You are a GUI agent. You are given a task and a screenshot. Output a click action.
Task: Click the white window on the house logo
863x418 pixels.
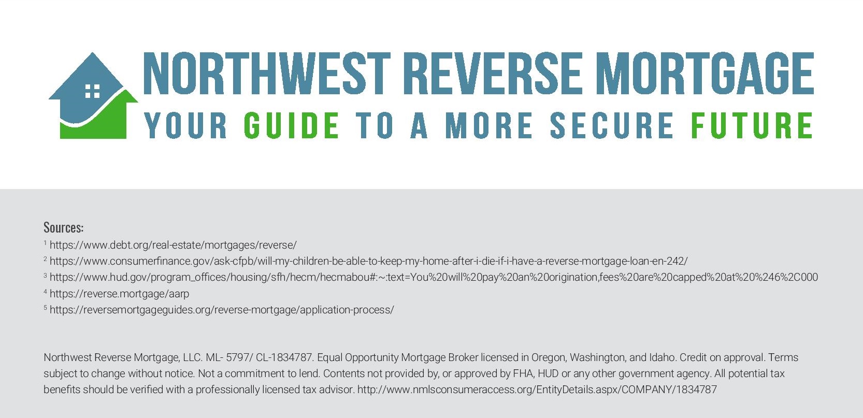click(92, 91)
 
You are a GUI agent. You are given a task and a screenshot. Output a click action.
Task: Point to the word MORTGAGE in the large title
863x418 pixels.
click(705, 73)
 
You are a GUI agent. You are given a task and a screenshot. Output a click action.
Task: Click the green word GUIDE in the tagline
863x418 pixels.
click(292, 125)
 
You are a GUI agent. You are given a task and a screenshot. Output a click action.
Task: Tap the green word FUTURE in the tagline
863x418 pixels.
click(752, 125)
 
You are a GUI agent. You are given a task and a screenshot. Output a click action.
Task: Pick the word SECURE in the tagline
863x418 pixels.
click(612, 125)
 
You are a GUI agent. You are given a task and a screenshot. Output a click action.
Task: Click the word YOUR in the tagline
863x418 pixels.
click(185, 125)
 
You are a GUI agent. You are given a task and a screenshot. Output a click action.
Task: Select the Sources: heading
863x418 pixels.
click(64, 228)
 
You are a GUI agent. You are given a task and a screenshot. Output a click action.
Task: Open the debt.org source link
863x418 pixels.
click(173, 245)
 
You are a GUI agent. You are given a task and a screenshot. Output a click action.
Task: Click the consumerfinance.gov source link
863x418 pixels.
click(369, 261)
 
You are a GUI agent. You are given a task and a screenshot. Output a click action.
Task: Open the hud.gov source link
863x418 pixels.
click(434, 278)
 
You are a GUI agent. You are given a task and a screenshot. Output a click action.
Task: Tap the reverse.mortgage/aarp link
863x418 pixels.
click(120, 294)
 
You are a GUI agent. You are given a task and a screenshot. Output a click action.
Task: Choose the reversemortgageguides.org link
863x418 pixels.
click(222, 310)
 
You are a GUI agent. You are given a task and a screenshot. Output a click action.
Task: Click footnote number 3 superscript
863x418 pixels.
click(45, 275)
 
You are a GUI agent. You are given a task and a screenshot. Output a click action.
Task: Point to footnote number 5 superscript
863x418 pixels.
click(45, 308)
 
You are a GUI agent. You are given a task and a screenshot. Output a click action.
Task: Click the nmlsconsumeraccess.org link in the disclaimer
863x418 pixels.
click(537, 390)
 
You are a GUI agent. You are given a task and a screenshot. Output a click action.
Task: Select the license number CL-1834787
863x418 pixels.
click(283, 357)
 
